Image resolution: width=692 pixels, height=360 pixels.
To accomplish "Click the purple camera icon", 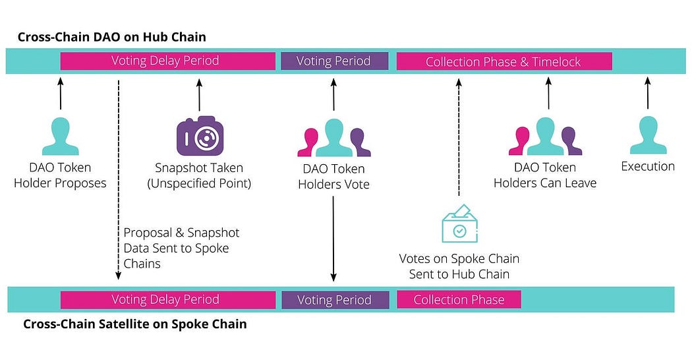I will (199, 136).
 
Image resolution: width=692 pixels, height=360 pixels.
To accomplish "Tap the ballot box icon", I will (459, 224).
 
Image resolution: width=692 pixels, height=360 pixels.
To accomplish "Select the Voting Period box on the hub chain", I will (333, 61).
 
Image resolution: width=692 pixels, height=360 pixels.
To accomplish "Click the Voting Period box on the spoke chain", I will (334, 300).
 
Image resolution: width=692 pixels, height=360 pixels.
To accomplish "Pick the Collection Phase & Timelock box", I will (504, 61).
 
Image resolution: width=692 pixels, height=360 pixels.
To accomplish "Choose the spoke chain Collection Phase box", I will (459, 300).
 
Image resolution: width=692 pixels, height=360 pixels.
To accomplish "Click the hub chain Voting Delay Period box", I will (167, 61).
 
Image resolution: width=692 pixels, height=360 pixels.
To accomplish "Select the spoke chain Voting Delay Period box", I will (167, 300).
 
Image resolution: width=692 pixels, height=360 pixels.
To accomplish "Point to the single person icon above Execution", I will (648, 135).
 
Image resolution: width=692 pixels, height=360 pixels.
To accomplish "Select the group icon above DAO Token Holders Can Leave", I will (545, 136).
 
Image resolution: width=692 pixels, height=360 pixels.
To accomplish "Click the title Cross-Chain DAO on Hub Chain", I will (112, 37).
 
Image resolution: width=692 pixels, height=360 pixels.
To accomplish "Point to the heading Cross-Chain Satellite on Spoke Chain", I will (135, 324).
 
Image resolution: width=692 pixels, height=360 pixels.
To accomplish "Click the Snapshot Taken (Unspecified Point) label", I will (199, 175).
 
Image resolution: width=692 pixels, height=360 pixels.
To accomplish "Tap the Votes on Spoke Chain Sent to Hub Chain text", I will (459, 266).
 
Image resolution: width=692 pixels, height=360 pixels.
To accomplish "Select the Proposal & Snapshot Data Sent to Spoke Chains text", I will (181, 248).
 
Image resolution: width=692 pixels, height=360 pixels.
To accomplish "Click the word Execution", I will (648, 167).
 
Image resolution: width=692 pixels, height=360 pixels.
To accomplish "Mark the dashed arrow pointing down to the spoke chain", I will (118, 178).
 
